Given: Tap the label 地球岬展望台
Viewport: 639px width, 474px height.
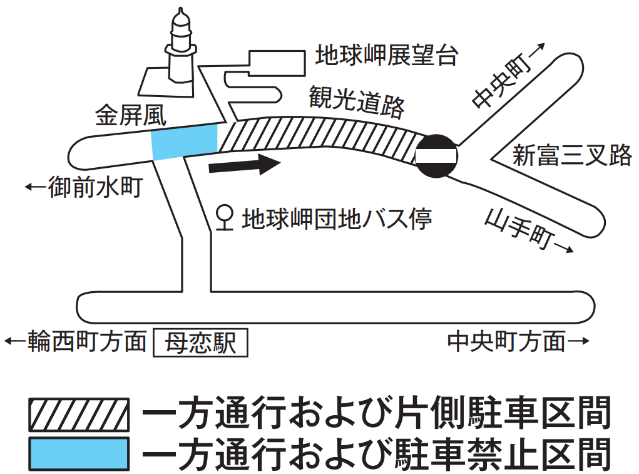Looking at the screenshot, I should (x=386, y=56).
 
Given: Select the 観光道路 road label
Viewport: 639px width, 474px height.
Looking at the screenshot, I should (x=356, y=102).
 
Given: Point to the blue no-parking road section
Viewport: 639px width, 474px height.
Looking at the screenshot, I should (x=185, y=142).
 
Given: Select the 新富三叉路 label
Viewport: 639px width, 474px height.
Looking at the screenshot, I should (x=571, y=155).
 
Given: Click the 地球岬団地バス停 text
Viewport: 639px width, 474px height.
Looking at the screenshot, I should (x=337, y=219).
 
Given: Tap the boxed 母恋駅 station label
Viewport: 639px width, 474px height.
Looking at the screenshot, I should (x=200, y=343).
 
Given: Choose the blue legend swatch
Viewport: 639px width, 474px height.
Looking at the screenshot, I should (x=78, y=454).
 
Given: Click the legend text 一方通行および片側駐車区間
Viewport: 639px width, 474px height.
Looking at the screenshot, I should (x=376, y=415).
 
